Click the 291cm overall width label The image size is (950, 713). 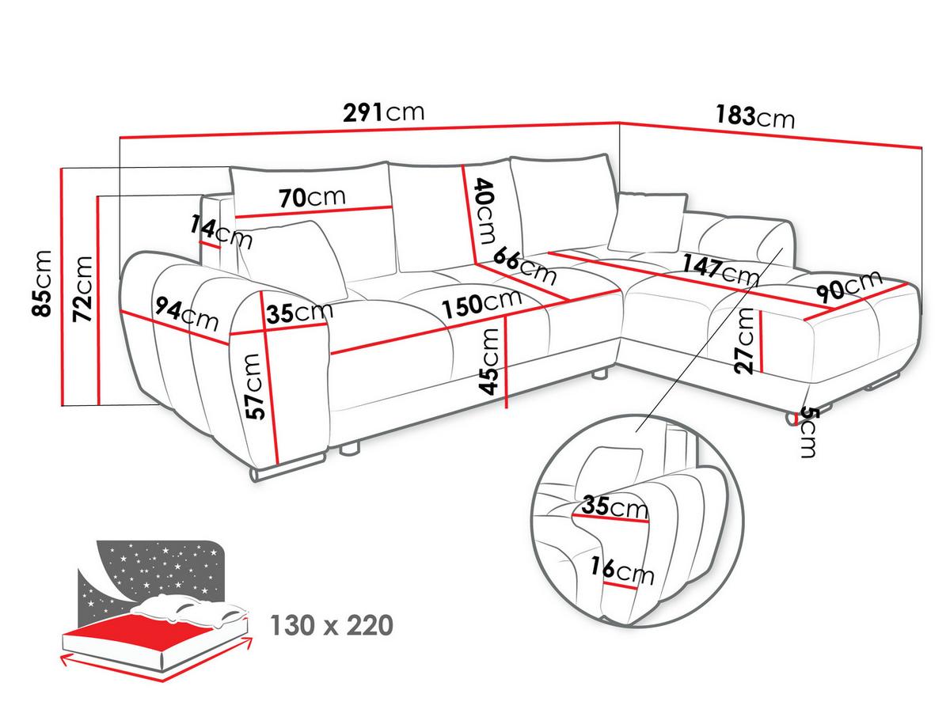383,112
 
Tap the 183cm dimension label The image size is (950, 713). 755,116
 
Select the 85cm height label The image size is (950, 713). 42,283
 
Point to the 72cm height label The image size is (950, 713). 82,289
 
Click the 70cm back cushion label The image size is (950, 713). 312,198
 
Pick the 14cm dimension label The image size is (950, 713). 221,233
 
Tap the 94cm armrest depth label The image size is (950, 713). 187,313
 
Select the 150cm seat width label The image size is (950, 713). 481,303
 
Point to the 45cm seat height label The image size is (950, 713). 489,362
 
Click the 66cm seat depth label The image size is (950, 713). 525,265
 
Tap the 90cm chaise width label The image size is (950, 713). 849,286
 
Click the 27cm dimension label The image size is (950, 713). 744,340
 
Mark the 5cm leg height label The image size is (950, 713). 807,432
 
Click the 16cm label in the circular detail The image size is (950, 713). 622,571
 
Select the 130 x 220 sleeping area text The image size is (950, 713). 332,625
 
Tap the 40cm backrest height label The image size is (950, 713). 485,211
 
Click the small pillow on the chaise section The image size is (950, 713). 648,222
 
